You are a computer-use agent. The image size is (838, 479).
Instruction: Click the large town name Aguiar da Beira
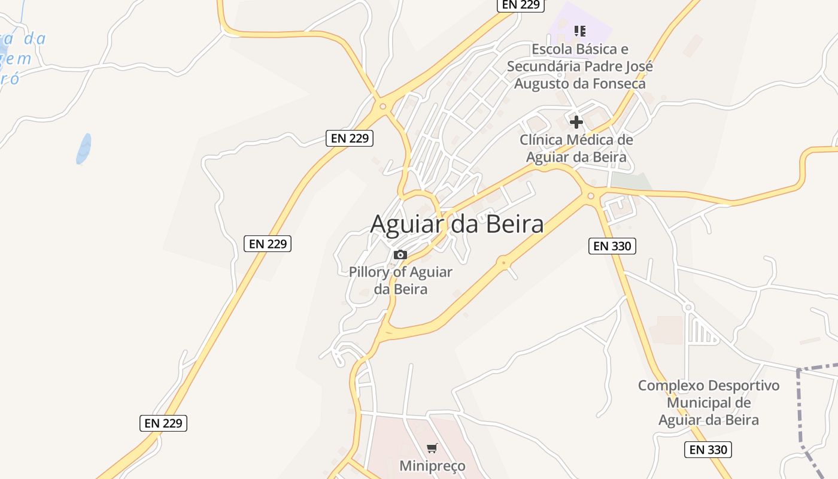pos(457,224)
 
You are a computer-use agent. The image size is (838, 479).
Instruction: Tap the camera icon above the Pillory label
pos(400,255)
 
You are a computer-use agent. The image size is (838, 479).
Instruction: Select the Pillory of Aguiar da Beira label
pos(400,280)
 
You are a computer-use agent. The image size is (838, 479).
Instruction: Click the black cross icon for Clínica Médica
pos(576,122)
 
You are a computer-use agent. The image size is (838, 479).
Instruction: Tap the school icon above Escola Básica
pos(579,31)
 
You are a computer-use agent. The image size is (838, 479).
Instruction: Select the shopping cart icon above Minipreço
pos(432,448)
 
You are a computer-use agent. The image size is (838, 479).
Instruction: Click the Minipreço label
pos(432,465)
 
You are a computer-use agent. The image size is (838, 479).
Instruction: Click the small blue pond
pos(84,148)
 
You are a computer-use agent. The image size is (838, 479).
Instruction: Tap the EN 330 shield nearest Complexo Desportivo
pos(708,450)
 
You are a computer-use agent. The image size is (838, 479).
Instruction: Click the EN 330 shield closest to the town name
pos(612,245)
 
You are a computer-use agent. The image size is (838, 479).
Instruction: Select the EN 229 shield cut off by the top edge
pos(520,5)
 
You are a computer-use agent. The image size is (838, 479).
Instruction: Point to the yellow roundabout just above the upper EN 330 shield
pos(591,195)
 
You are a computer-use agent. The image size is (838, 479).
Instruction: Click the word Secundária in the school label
pos(544,66)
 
